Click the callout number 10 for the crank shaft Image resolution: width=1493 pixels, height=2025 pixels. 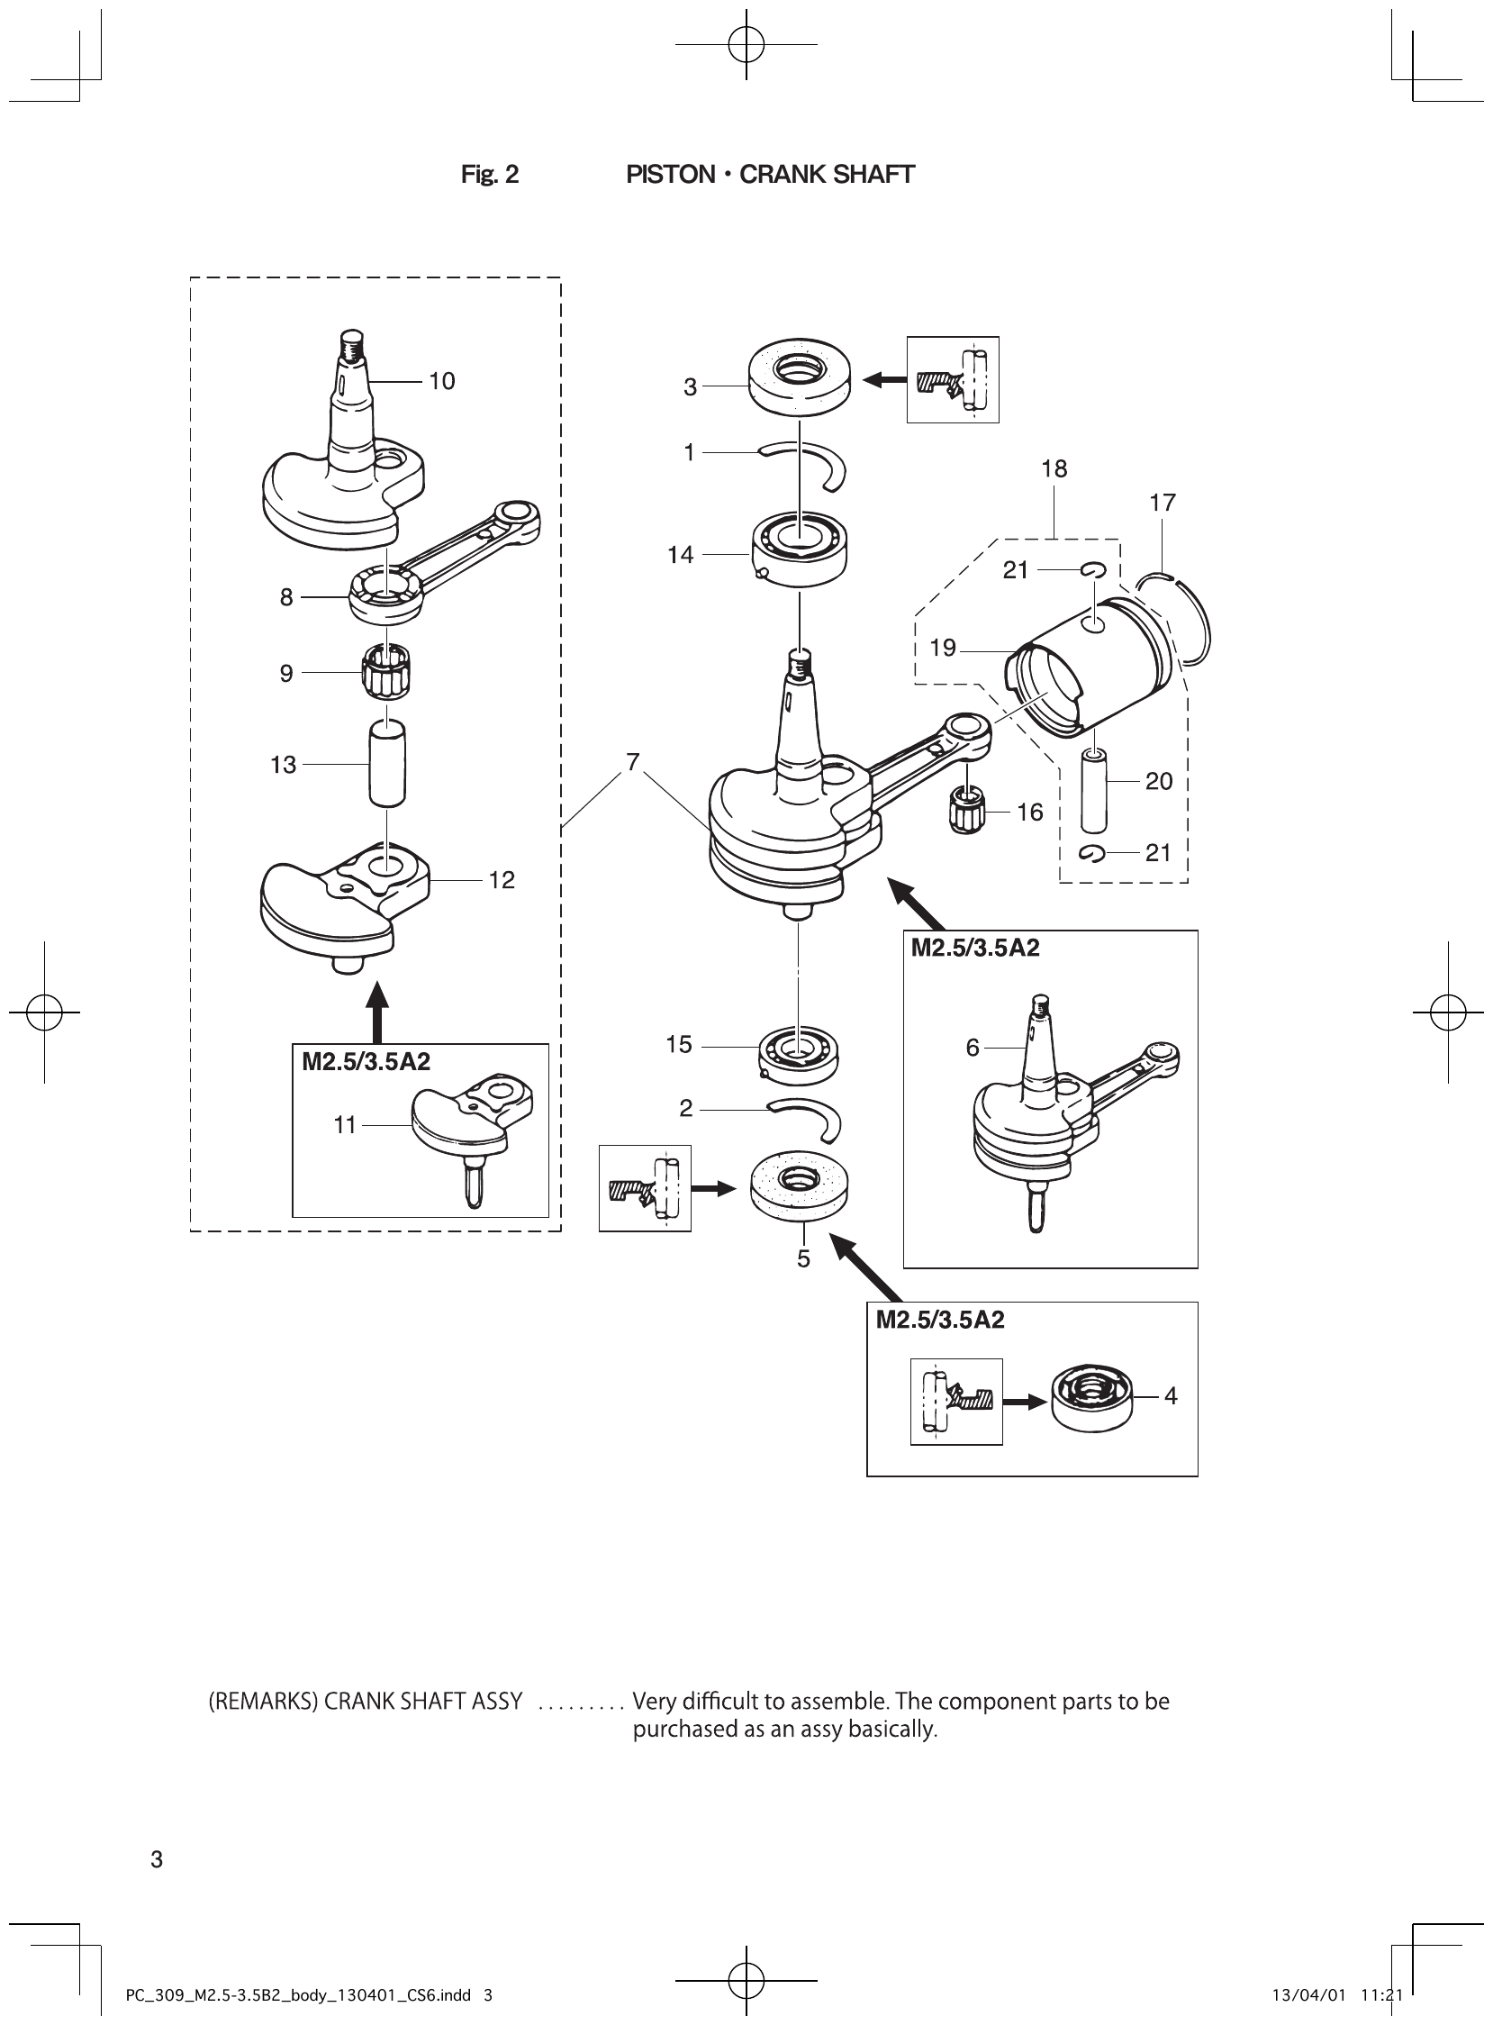(x=441, y=382)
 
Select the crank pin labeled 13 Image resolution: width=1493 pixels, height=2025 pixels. (x=387, y=764)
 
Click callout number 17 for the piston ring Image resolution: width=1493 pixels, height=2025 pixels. (x=1163, y=503)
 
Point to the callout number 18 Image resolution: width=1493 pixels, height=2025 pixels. (x=1054, y=469)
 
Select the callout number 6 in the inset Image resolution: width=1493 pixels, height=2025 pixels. (x=973, y=1048)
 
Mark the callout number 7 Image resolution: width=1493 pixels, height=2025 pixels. (x=633, y=762)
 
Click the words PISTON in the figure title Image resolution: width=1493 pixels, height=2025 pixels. (x=671, y=175)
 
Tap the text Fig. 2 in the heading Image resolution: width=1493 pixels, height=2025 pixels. (x=490, y=175)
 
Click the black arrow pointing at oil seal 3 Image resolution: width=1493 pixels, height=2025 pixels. (x=884, y=381)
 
